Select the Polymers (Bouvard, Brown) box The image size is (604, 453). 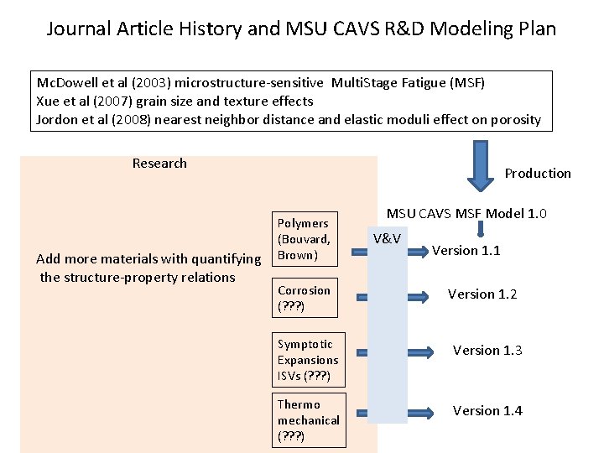pyautogui.click(x=306, y=239)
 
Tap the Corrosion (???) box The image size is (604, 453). pyautogui.click(x=306, y=299)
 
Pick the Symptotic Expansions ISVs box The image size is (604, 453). pyautogui.click(x=308, y=360)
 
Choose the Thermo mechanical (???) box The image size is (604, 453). pyautogui.click(x=308, y=420)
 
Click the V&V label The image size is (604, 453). pyautogui.click(x=387, y=239)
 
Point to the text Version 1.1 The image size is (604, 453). pyautogui.click(x=466, y=250)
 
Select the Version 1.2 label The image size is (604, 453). pyautogui.click(x=482, y=294)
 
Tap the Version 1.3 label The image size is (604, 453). pyautogui.click(x=487, y=350)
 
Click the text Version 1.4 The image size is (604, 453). pyautogui.click(x=487, y=410)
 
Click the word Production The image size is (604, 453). pyautogui.click(x=538, y=174)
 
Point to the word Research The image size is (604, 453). pyautogui.click(x=159, y=163)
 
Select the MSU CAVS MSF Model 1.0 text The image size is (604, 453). pyautogui.click(x=467, y=213)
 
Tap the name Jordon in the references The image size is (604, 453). pyautogui.click(x=57, y=119)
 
